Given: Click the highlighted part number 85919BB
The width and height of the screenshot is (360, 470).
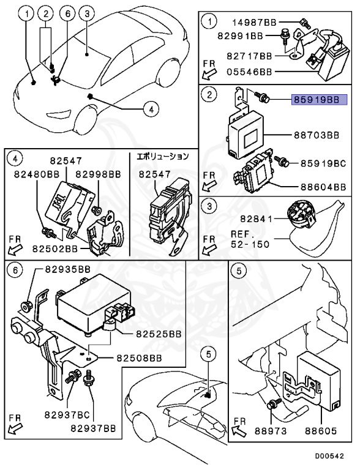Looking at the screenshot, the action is pyautogui.click(x=320, y=100).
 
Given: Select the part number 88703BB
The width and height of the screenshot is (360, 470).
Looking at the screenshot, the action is pyautogui.click(x=317, y=135).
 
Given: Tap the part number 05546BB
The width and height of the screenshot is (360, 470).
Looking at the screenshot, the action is pyautogui.click(x=249, y=72).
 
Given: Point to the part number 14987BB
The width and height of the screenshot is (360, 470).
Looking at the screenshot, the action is pyautogui.click(x=255, y=22).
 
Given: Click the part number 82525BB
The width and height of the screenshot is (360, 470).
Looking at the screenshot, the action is pyautogui.click(x=159, y=334).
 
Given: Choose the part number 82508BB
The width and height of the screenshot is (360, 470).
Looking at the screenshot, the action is pyautogui.click(x=139, y=358).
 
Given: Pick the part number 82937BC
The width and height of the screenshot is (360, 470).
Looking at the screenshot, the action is pyautogui.click(x=67, y=415).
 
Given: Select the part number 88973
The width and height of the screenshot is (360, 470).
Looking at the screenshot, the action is pyautogui.click(x=271, y=431).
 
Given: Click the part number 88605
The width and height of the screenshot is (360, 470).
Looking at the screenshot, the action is pyautogui.click(x=321, y=431).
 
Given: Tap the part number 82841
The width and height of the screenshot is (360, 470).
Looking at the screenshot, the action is pyautogui.click(x=256, y=219).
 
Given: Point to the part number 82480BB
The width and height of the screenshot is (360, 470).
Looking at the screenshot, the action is pyautogui.click(x=37, y=174).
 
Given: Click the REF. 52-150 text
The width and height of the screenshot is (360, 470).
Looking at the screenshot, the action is pyautogui.click(x=250, y=239).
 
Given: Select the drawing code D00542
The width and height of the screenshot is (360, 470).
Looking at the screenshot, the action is pyautogui.click(x=329, y=456).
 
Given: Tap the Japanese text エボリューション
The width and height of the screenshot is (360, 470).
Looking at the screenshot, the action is pyautogui.click(x=163, y=156).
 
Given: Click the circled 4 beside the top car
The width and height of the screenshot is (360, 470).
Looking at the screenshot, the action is pyautogui.click(x=151, y=109).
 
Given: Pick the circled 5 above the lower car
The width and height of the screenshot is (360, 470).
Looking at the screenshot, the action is pyautogui.click(x=209, y=354).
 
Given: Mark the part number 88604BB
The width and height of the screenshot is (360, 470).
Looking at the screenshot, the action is pyautogui.click(x=323, y=187).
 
